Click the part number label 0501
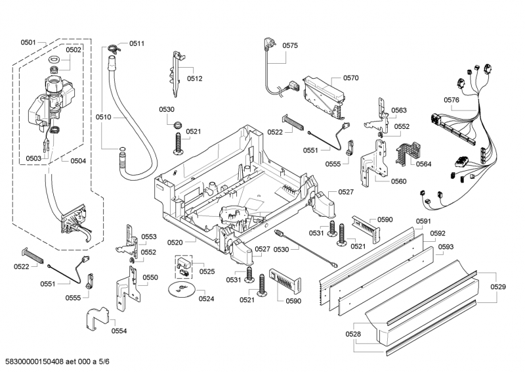click(x=28, y=43)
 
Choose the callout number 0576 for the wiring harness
click(x=451, y=100)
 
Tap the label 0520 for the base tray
click(x=175, y=243)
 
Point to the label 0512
click(x=194, y=78)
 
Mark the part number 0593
click(x=446, y=247)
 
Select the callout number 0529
click(x=498, y=287)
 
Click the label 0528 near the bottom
click(x=353, y=335)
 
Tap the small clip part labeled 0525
click(x=183, y=266)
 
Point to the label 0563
click(x=398, y=110)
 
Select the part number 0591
click(x=423, y=221)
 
